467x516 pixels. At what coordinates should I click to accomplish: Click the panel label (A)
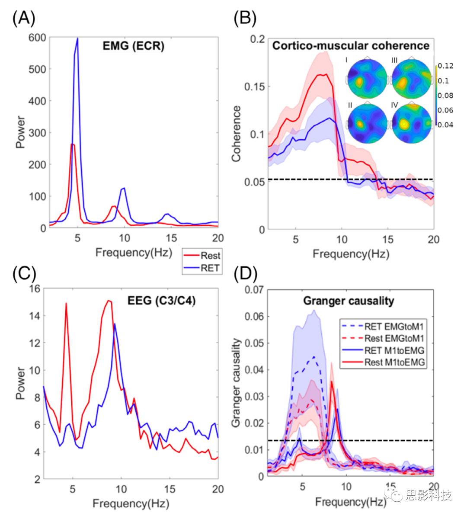pyautogui.click(x=24, y=18)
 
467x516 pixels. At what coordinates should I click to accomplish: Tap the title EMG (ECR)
pyautogui.click(x=133, y=46)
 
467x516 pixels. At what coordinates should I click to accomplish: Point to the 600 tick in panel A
pyautogui.click(x=37, y=38)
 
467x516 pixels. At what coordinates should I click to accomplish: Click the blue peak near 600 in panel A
pyautogui.click(x=77, y=39)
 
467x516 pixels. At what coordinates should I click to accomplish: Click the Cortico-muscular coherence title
pyautogui.click(x=351, y=46)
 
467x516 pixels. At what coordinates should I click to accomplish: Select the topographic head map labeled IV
pyautogui.click(x=411, y=124)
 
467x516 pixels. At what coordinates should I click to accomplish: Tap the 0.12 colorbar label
pyautogui.click(x=445, y=66)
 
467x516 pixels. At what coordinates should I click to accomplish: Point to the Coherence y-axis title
pyautogui.click(x=236, y=134)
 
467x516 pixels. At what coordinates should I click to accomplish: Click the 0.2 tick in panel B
pyautogui.click(x=258, y=39)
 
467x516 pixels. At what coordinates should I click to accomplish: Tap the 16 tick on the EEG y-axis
pyautogui.click(x=35, y=288)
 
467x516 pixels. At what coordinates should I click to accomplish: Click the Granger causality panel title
pyautogui.click(x=349, y=301)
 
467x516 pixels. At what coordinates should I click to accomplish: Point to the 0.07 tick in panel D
pyautogui.click(x=255, y=289)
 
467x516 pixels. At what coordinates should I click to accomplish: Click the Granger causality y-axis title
pyautogui.click(x=236, y=383)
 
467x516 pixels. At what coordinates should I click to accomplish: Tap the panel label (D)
pyautogui.click(x=245, y=273)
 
